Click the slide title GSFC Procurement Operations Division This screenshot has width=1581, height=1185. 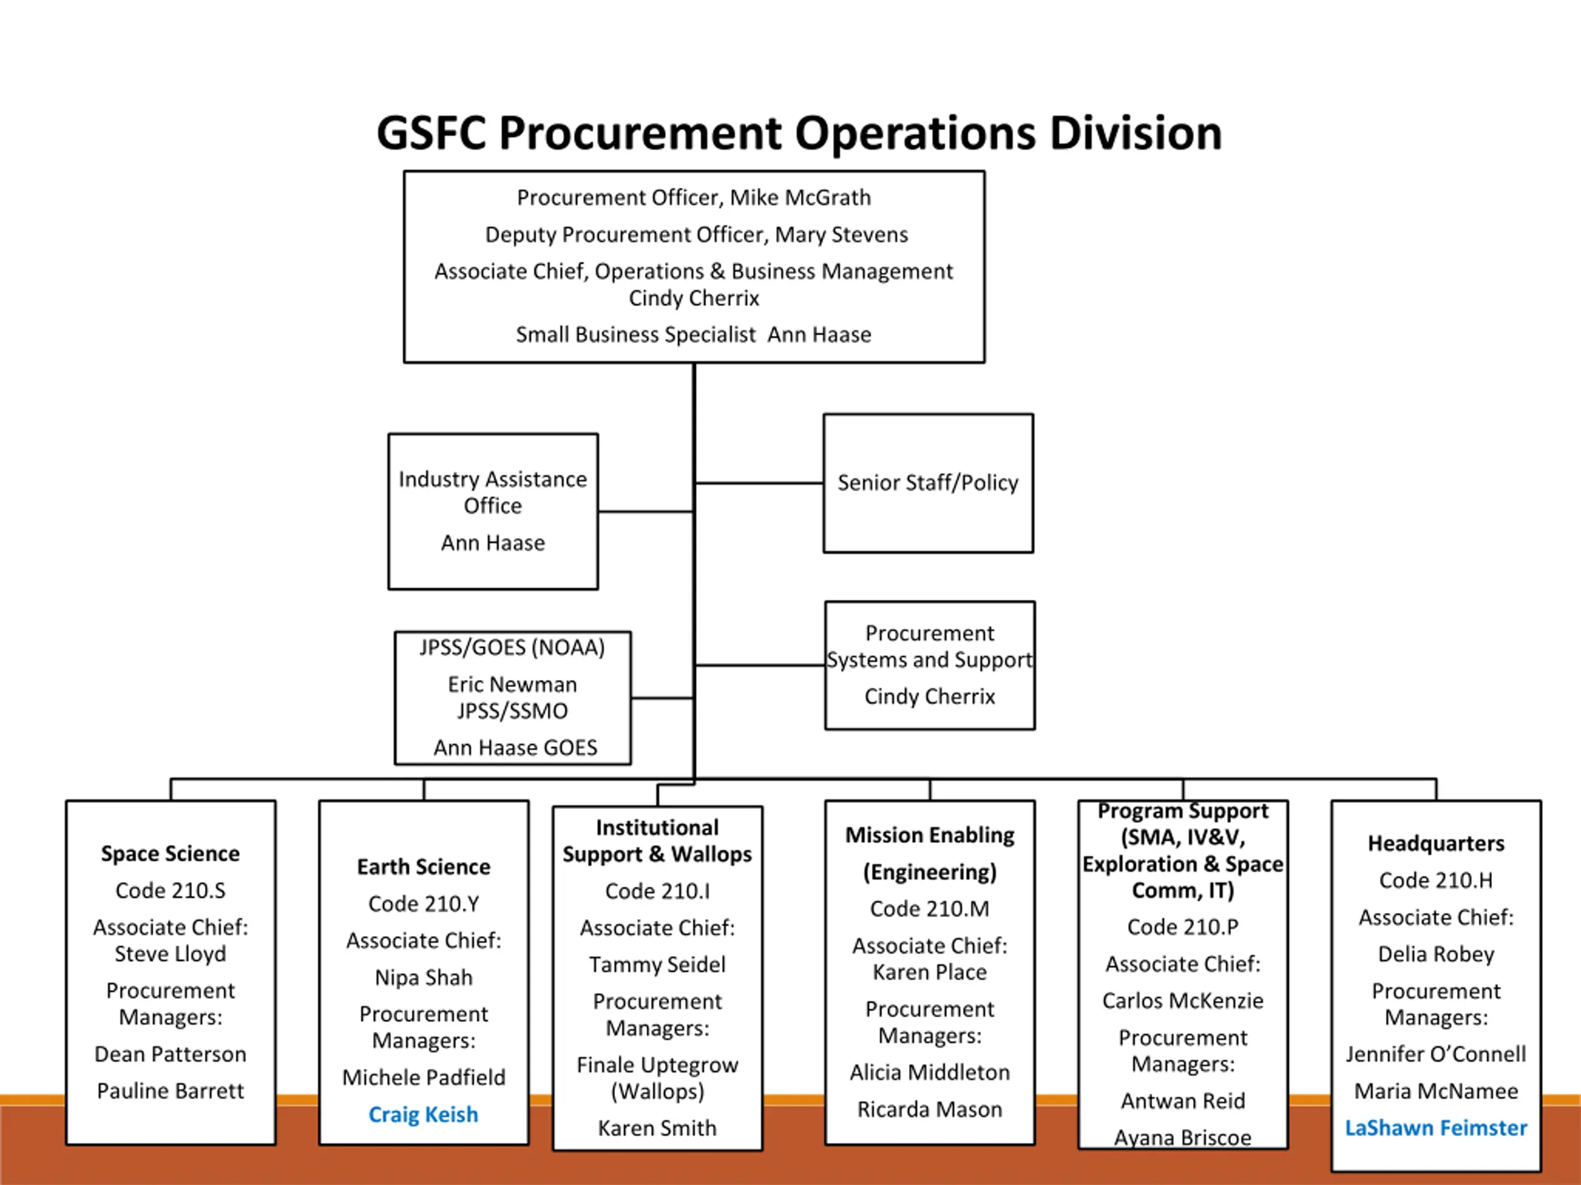[x=799, y=133]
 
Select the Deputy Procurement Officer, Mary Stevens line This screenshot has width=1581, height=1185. [x=696, y=235]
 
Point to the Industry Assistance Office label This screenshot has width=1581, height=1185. [x=492, y=492]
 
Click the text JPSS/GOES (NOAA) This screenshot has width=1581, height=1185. [x=512, y=648]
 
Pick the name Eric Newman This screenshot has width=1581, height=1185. [x=512, y=685]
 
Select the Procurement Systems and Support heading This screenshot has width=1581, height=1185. [x=929, y=646]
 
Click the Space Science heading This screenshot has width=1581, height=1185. [x=170, y=854]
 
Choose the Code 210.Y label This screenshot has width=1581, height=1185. [x=423, y=904]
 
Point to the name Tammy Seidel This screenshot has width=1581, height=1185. [x=657, y=965]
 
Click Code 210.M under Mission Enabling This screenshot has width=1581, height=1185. [x=929, y=908]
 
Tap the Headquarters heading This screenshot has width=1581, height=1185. [x=1436, y=844]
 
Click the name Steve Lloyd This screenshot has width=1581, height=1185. [x=170, y=954]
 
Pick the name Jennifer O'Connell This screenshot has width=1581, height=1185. [x=1436, y=1054]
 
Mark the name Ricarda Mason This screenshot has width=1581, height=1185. [x=929, y=1109]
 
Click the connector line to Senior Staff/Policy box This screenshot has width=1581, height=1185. [x=759, y=484]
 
